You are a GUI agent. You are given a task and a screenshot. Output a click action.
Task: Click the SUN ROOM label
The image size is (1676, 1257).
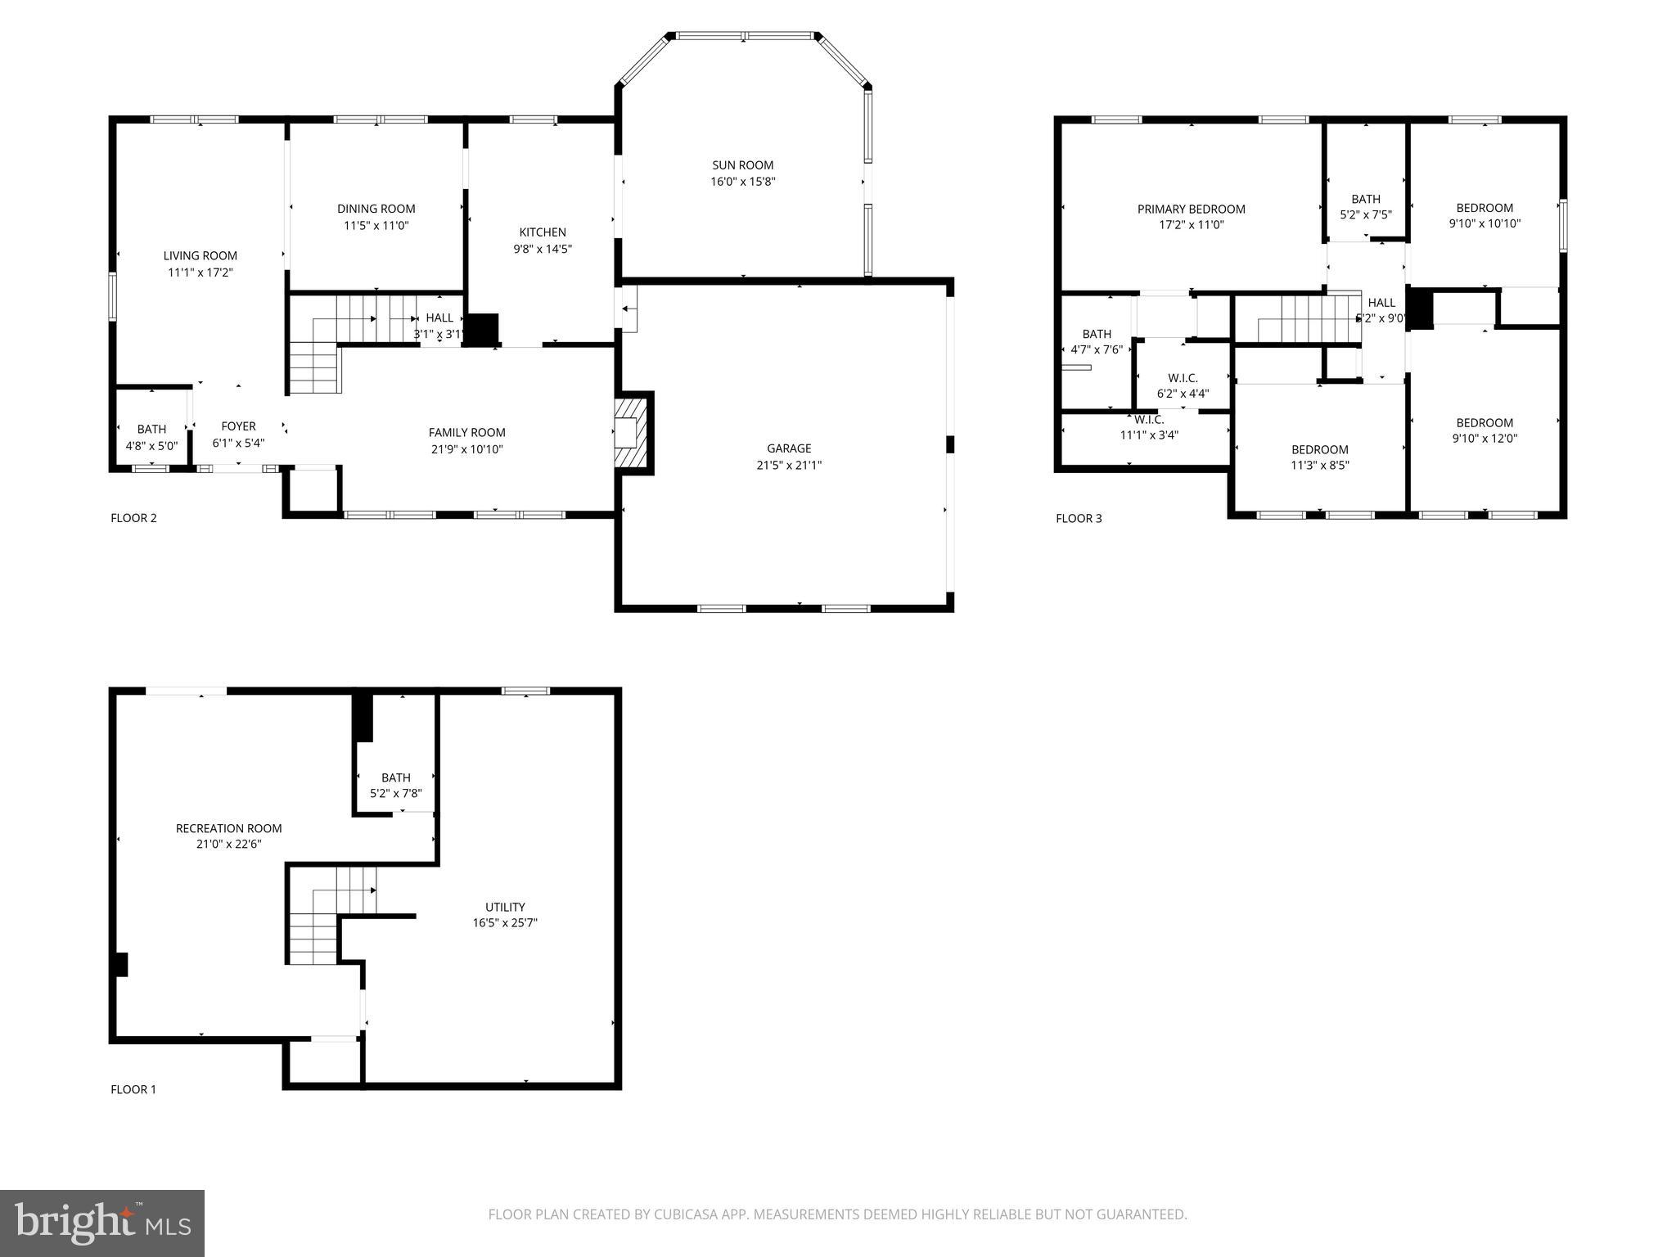pyautogui.click(x=742, y=165)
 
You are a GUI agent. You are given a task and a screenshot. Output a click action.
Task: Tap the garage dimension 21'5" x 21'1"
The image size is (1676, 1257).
pyautogui.click(x=789, y=465)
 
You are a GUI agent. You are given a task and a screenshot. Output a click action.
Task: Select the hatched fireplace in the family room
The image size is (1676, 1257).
pyautogui.click(x=632, y=432)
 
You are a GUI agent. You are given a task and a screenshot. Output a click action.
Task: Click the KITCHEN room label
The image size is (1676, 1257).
pyautogui.click(x=543, y=232)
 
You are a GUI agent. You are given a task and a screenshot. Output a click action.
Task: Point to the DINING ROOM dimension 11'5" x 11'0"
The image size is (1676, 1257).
pyautogui.click(x=376, y=225)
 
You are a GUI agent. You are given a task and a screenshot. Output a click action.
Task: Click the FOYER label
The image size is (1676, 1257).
pyautogui.click(x=238, y=426)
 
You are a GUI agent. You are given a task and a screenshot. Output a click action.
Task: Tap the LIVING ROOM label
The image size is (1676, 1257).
pyautogui.click(x=200, y=256)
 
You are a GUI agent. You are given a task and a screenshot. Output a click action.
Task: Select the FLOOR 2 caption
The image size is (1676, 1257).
pyautogui.click(x=133, y=518)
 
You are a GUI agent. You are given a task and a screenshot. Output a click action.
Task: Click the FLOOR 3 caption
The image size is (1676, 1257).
pyautogui.click(x=1079, y=519)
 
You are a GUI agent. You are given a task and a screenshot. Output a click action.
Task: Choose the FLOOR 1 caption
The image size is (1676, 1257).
pyautogui.click(x=133, y=1089)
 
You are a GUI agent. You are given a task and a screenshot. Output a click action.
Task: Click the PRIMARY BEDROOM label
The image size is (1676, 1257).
pyautogui.click(x=1191, y=209)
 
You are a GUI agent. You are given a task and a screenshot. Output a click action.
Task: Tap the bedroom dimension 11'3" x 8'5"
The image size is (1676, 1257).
pyautogui.click(x=1319, y=466)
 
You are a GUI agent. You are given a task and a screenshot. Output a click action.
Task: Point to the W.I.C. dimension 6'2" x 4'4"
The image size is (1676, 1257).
pyautogui.click(x=1183, y=394)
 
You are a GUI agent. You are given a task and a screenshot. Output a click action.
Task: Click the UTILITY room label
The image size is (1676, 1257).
pyautogui.click(x=505, y=907)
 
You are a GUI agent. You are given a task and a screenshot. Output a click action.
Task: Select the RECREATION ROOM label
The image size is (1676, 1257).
pyautogui.click(x=229, y=828)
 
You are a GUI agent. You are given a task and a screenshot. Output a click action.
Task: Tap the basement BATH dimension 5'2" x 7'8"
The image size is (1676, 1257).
pyautogui.click(x=396, y=793)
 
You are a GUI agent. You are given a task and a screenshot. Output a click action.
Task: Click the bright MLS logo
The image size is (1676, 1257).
pyautogui.click(x=102, y=1223)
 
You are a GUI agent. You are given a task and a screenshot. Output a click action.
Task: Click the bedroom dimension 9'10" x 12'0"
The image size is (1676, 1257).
pyautogui.click(x=1485, y=438)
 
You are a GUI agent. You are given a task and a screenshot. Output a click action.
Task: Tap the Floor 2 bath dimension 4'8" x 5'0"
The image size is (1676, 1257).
pyautogui.click(x=151, y=446)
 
